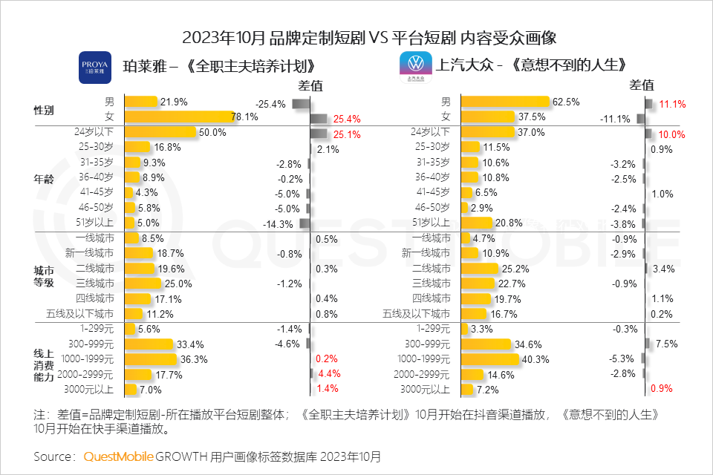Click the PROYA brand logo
[x=95, y=68]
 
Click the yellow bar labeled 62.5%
[x=504, y=102]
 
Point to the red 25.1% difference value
[x=347, y=134]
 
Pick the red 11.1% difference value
[x=672, y=105]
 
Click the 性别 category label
[x=45, y=110]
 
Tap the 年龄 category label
[x=45, y=178]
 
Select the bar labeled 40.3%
[x=490, y=359]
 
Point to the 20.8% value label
[x=509, y=223]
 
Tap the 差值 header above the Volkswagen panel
[x=642, y=85]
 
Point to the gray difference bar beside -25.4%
[x=301, y=104]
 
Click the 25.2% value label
[x=515, y=268]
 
